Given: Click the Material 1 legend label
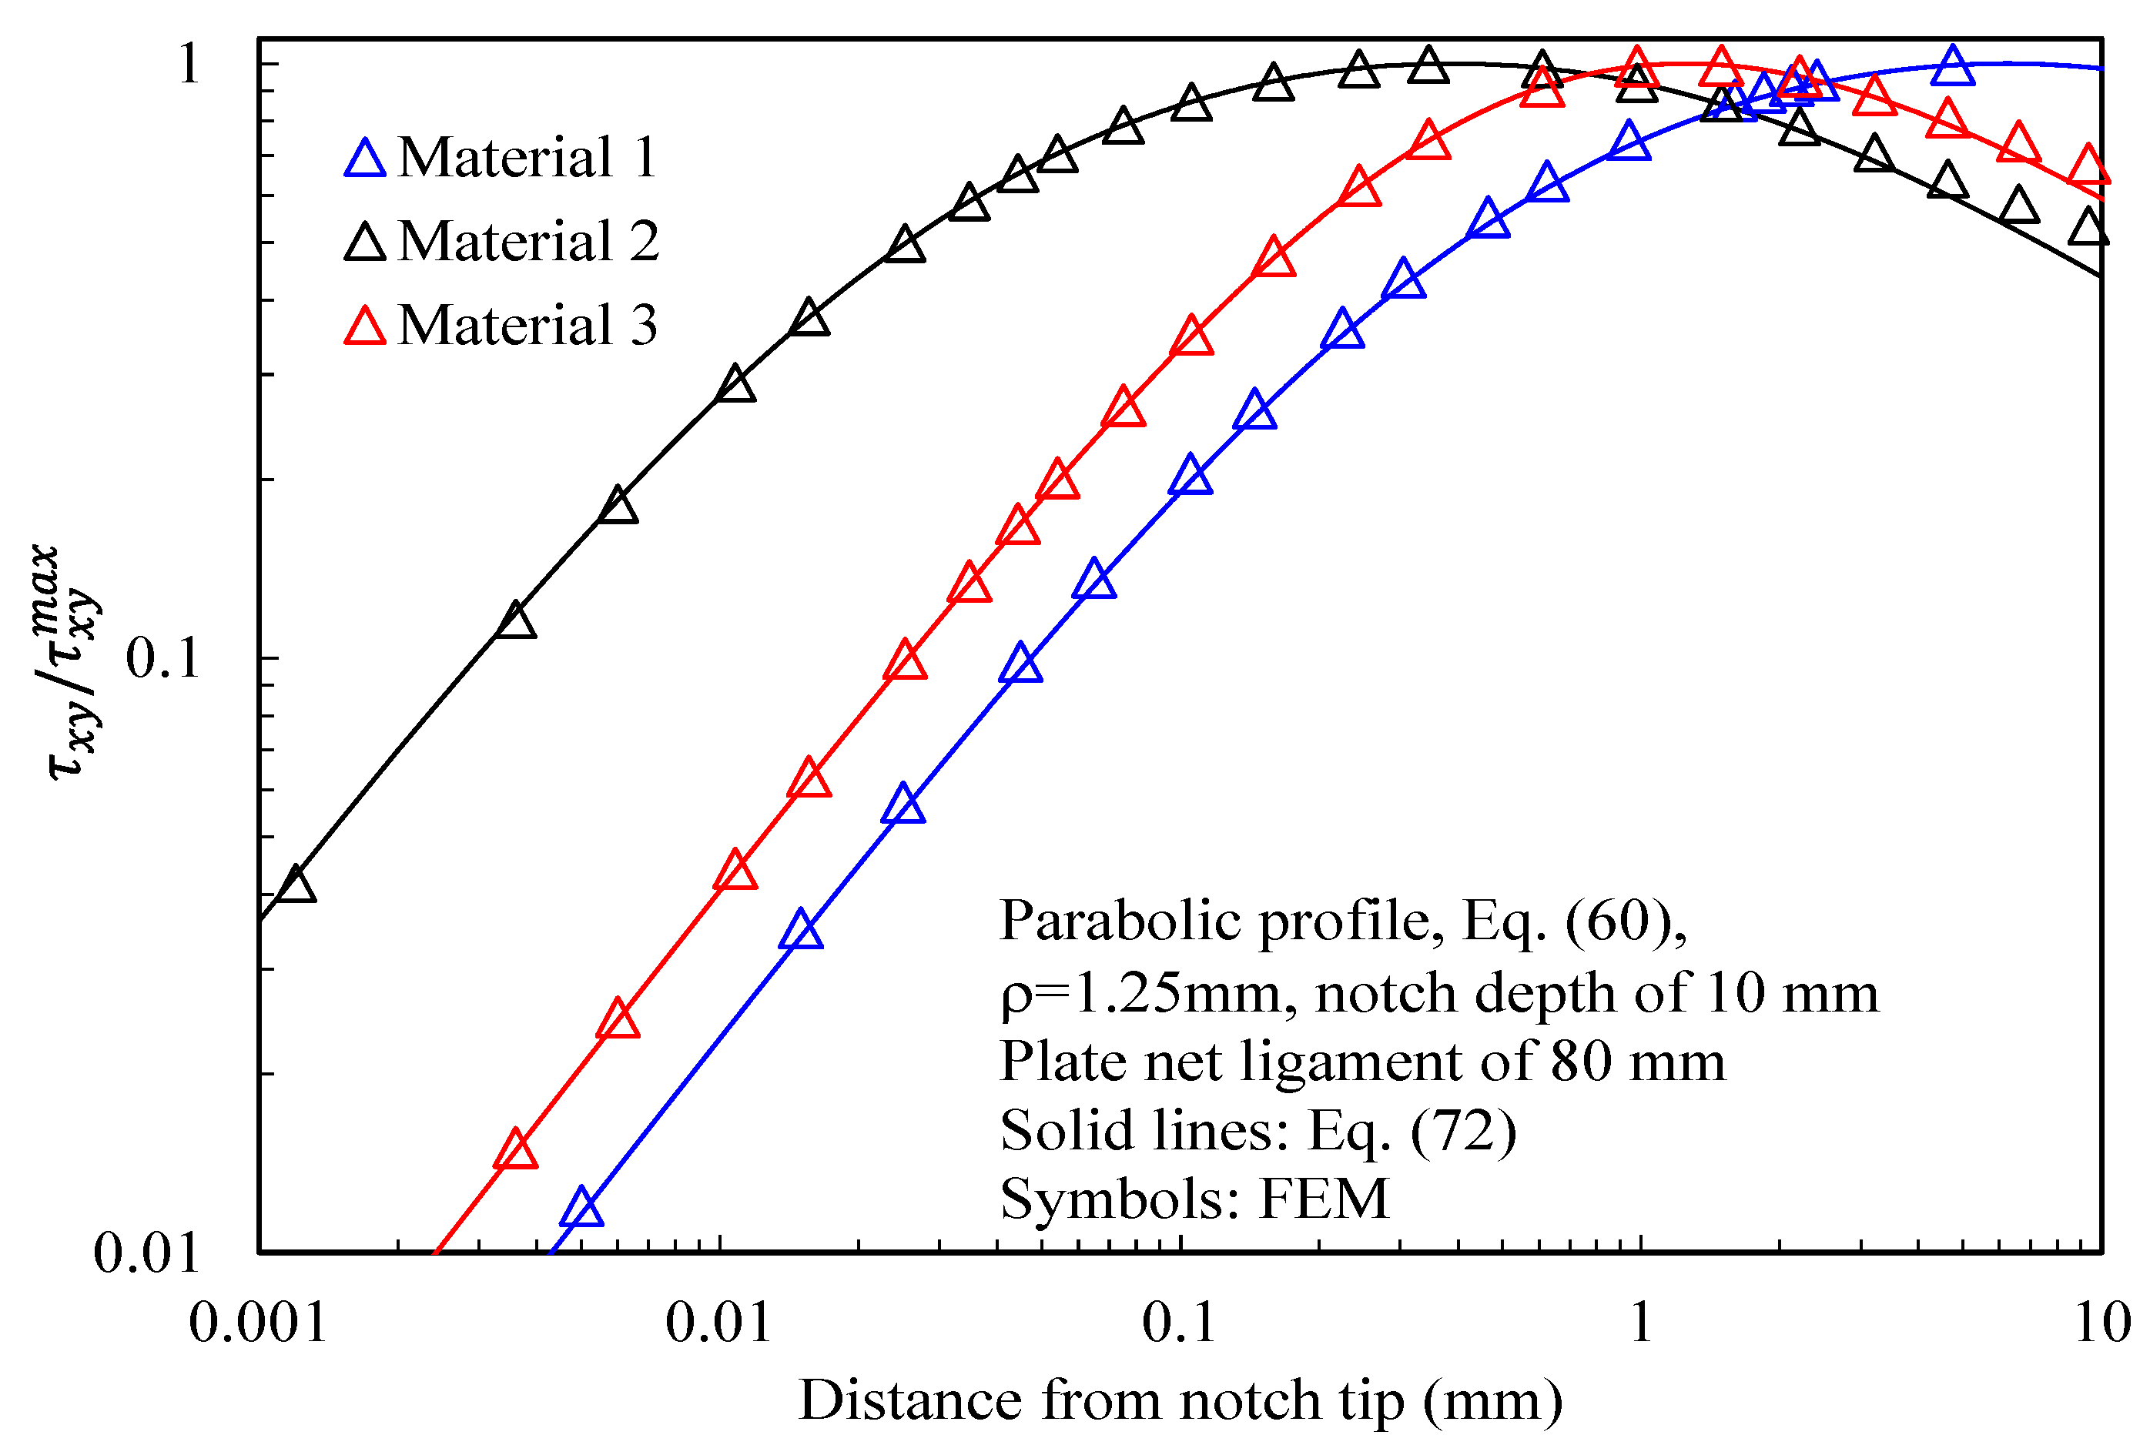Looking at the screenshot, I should click(x=527, y=157).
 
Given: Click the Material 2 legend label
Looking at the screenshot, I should click(x=528, y=242).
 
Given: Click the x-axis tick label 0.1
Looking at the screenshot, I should click(x=1179, y=1322).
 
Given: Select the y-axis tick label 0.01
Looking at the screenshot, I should click(x=146, y=1253).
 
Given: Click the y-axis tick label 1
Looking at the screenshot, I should click(x=189, y=65).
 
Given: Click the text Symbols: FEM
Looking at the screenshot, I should click(x=1194, y=1199).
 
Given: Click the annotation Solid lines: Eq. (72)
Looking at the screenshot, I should click(x=1258, y=1130).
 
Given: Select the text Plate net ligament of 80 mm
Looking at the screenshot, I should click(x=1361, y=1061).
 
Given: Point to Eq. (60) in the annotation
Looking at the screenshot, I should click(x=1572, y=921).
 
